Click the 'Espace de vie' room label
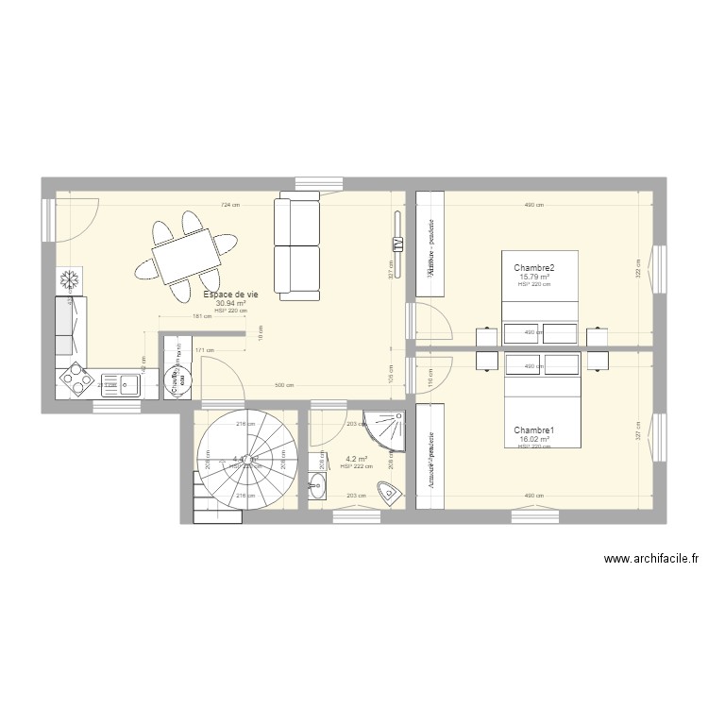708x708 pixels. click(231, 295)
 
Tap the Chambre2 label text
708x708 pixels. click(534, 268)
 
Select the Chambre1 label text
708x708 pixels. click(534, 430)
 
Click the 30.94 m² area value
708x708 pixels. click(231, 303)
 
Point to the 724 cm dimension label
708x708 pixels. click(228, 205)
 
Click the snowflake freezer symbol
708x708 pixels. click(69, 280)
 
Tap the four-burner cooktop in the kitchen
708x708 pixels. click(75, 380)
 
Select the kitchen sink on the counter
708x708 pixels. click(126, 383)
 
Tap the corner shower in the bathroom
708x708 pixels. click(387, 430)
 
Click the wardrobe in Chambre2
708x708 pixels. click(430, 244)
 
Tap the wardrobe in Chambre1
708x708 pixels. click(430, 455)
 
